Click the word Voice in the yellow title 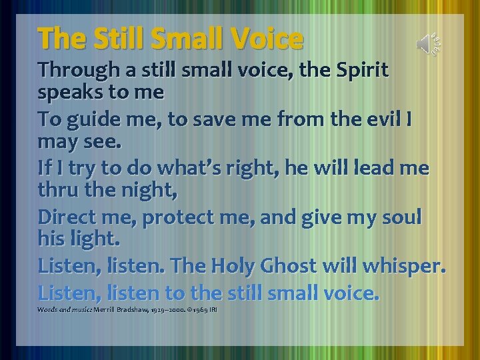tap(265, 39)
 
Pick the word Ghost tap(297, 267)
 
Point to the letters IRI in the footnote tap(213, 310)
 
